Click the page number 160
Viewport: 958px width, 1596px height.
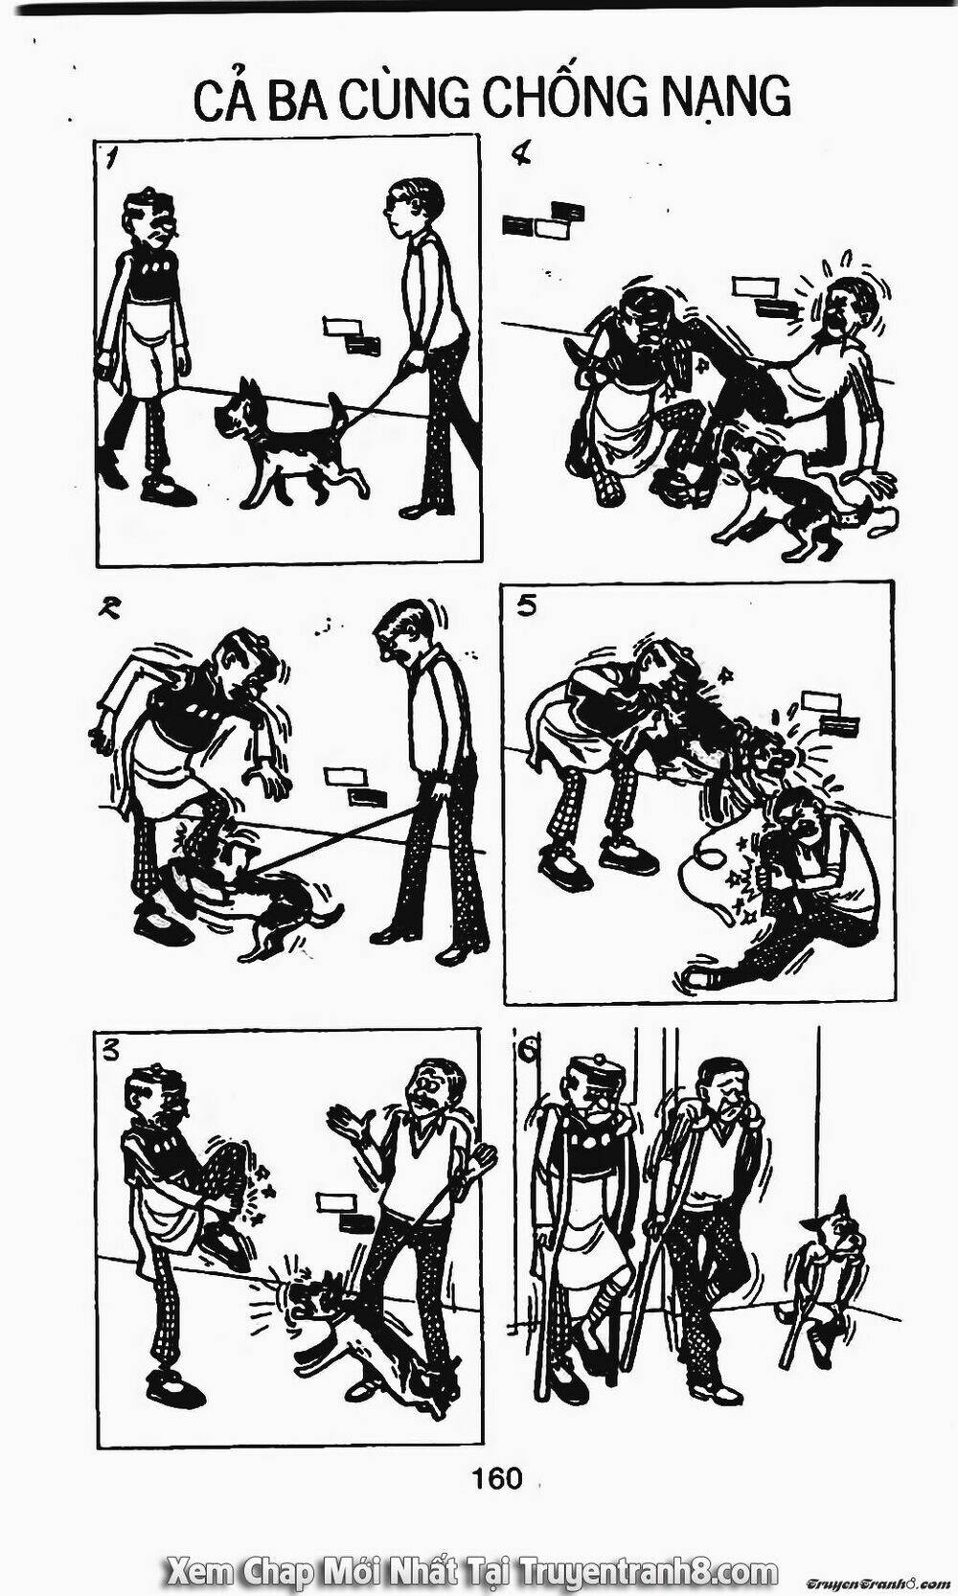(x=496, y=1478)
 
